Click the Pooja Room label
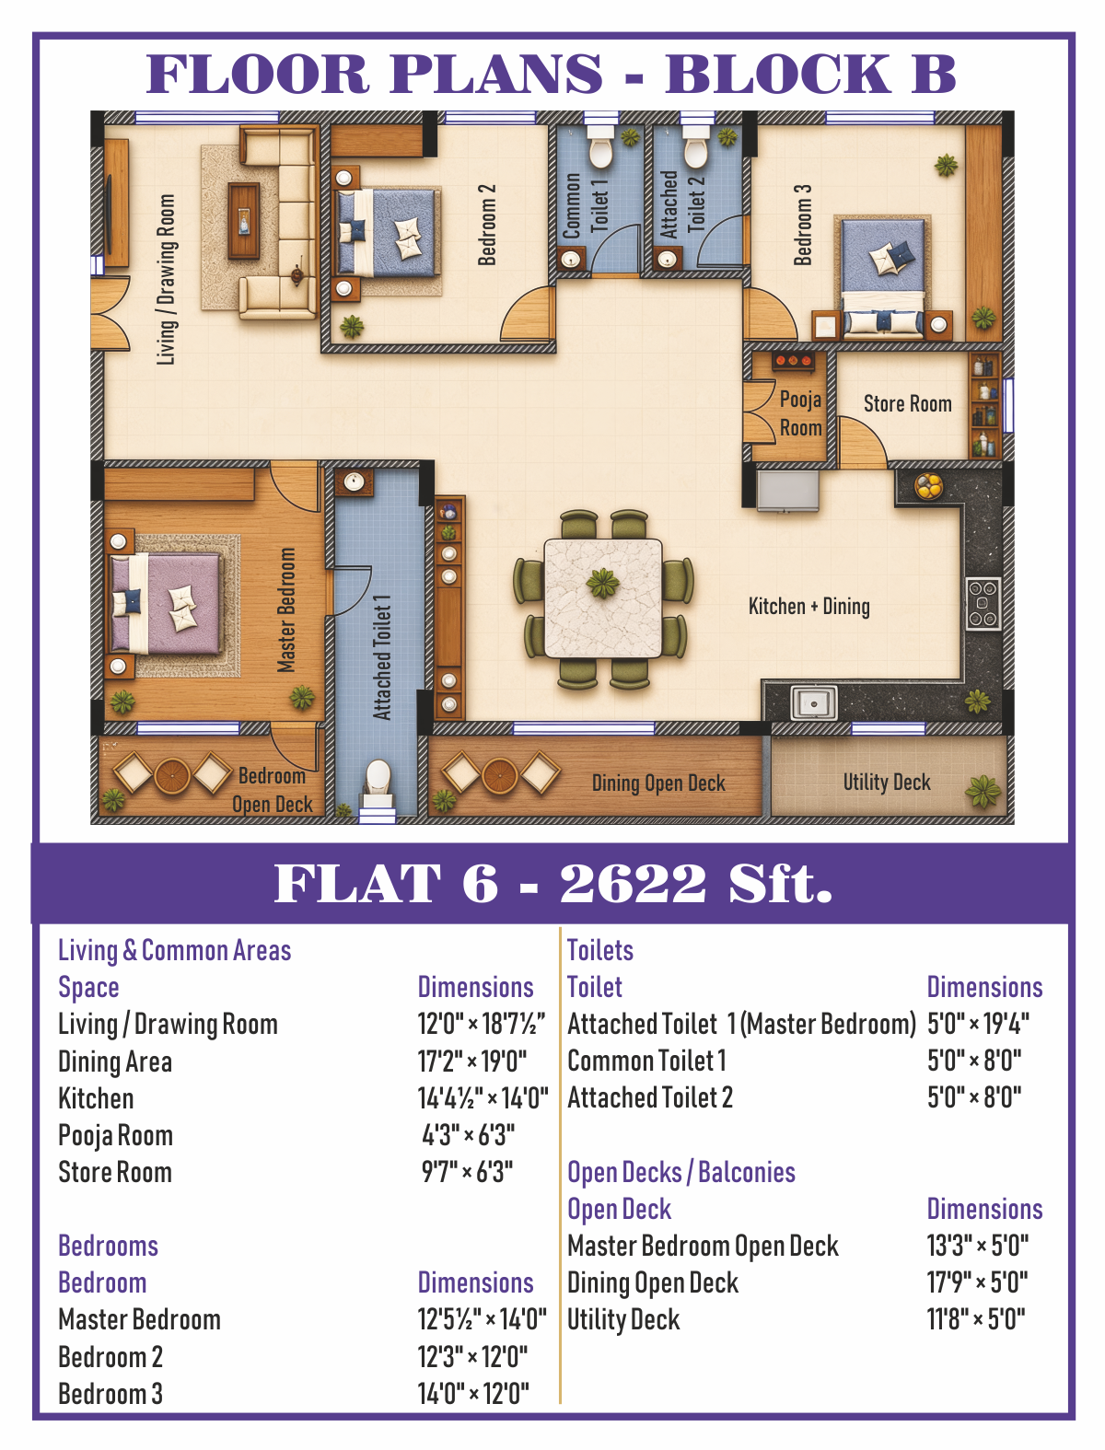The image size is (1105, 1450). click(800, 413)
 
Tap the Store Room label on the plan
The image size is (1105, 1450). click(908, 403)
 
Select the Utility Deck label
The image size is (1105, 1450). click(887, 783)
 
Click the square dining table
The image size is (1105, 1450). click(603, 598)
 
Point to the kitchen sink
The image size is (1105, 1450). click(814, 702)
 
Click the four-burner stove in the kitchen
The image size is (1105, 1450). click(983, 604)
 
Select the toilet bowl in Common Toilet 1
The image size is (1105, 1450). click(601, 148)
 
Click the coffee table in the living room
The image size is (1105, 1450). click(244, 221)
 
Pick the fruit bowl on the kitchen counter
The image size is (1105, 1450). click(928, 485)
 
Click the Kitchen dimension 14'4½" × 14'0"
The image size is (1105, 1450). click(483, 1098)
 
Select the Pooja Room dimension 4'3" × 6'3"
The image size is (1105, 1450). click(469, 1135)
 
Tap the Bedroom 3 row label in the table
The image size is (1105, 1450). click(110, 1394)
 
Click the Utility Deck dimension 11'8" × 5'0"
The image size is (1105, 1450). click(976, 1319)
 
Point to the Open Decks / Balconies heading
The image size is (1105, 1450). click(681, 1173)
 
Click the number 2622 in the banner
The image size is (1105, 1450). click(633, 883)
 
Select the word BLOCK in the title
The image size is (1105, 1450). click(779, 74)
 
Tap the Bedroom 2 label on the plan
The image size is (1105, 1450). click(487, 225)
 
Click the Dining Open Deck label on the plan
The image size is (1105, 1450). click(658, 783)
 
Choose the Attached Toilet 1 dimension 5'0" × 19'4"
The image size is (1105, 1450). click(978, 1024)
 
